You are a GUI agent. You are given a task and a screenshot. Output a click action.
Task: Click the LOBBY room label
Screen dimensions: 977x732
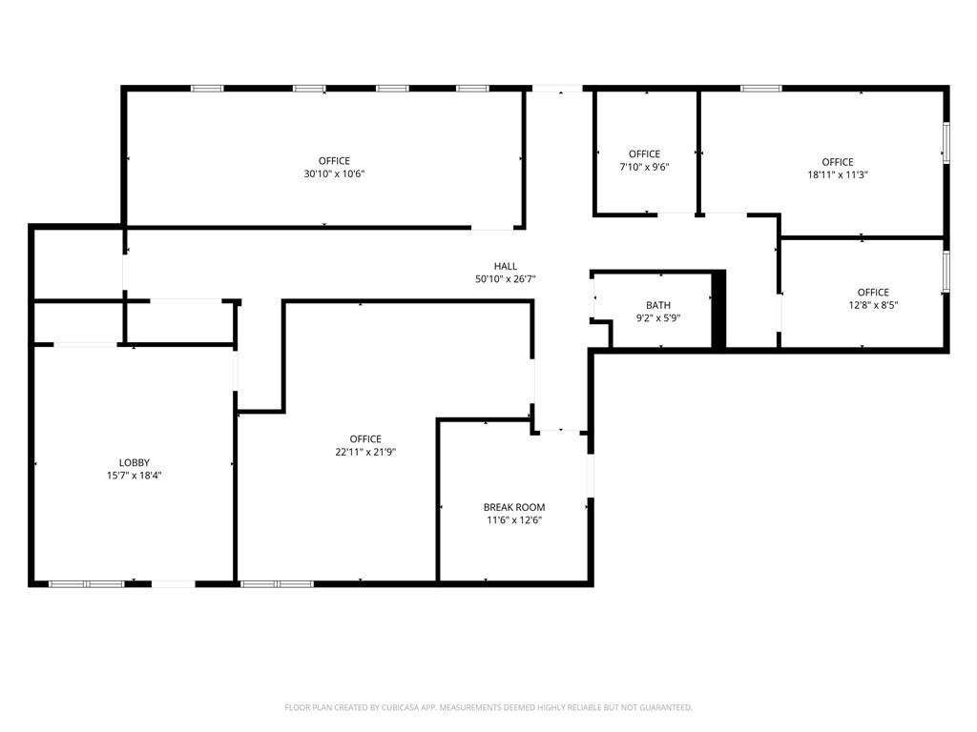[135, 462]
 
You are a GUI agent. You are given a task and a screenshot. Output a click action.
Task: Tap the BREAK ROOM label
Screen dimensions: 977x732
[514, 507]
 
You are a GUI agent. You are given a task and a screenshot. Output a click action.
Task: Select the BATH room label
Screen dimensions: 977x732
[658, 305]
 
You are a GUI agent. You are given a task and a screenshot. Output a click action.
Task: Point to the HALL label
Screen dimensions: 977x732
[506, 267]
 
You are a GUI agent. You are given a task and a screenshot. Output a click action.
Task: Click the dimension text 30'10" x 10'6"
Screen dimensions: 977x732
[334, 174]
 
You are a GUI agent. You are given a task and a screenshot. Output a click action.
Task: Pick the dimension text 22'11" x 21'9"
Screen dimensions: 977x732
[365, 453]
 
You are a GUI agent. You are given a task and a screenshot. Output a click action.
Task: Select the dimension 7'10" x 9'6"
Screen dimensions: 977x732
[644, 167]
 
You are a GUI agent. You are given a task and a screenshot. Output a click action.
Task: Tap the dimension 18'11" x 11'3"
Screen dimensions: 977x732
[838, 175]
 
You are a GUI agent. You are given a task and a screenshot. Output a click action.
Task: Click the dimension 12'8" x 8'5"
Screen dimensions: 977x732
[873, 306]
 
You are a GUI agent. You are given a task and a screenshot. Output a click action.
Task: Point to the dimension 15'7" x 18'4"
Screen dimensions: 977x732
[134, 476]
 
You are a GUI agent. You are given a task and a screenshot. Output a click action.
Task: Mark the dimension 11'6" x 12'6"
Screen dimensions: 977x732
[514, 520]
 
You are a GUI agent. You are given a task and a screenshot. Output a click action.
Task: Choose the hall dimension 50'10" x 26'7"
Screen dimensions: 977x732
[506, 279]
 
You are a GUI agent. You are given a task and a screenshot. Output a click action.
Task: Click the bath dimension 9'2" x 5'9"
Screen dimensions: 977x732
[658, 318]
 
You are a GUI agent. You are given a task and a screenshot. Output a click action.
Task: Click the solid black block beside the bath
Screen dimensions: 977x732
[719, 310]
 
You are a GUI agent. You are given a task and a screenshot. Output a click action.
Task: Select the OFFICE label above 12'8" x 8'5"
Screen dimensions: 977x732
[873, 293]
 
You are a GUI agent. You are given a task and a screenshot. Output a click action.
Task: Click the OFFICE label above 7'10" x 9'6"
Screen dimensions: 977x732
[644, 153]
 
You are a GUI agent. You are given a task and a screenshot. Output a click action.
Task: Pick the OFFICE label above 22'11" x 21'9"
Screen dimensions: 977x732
[365, 439]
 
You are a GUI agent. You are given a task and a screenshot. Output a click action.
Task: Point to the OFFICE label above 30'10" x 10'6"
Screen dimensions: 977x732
[334, 161]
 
